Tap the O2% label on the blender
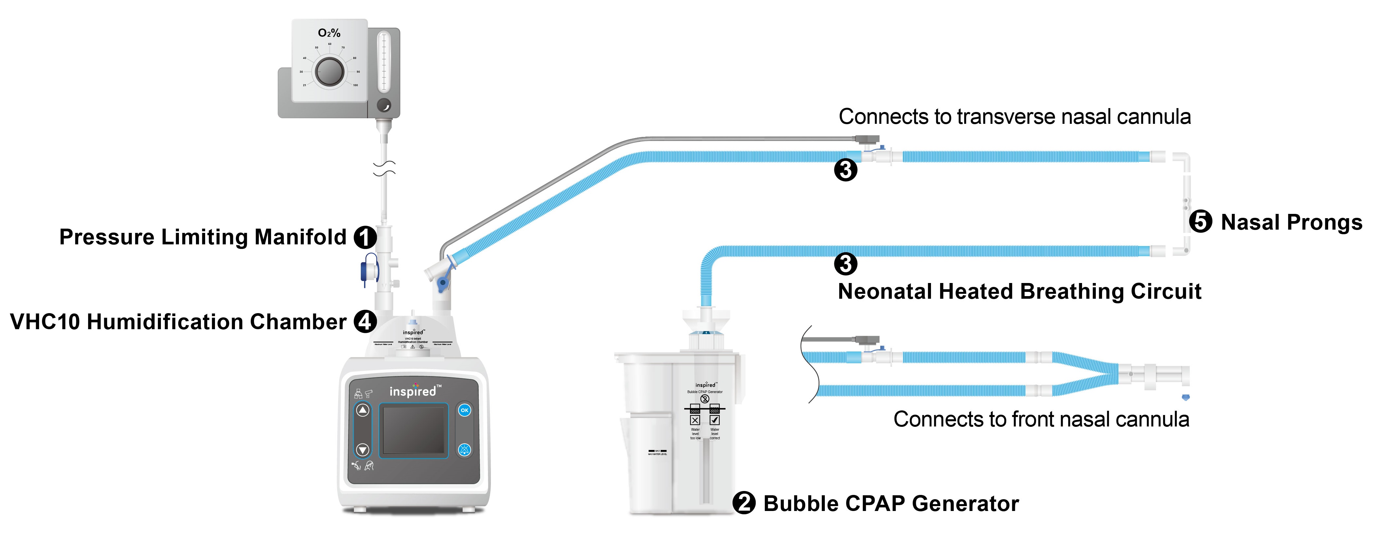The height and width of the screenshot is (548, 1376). coord(329,33)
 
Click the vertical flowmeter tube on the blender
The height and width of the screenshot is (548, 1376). coord(383,62)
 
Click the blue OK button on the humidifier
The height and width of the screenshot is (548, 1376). coord(465,410)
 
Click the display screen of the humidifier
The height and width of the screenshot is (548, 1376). coord(414,430)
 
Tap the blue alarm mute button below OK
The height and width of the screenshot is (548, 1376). coord(465,450)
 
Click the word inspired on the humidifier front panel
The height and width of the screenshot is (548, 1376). coord(412,391)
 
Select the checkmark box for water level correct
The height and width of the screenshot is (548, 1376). coord(715,420)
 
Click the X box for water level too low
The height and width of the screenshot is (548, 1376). coord(695,420)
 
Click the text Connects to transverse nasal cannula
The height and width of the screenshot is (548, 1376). coord(1014,116)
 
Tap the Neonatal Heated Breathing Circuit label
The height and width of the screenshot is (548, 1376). coord(1019,292)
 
